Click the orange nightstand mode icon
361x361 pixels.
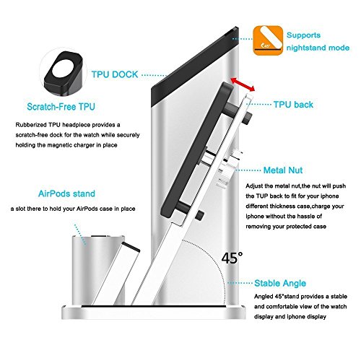(x=268, y=40)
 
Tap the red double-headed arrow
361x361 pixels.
(x=243, y=84)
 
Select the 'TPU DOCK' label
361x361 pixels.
(x=115, y=74)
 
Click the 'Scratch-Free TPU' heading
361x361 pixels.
(x=61, y=107)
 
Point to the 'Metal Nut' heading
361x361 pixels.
(x=283, y=170)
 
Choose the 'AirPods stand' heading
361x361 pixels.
(x=66, y=193)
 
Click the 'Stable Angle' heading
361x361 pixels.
(x=280, y=283)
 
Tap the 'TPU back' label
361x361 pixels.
(x=293, y=105)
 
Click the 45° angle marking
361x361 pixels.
(x=232, y=258)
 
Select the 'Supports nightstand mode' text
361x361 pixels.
(x=318, y=41)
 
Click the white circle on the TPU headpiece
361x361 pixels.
(x=64, y=69)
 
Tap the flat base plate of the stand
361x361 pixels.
(x=154, y=313)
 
